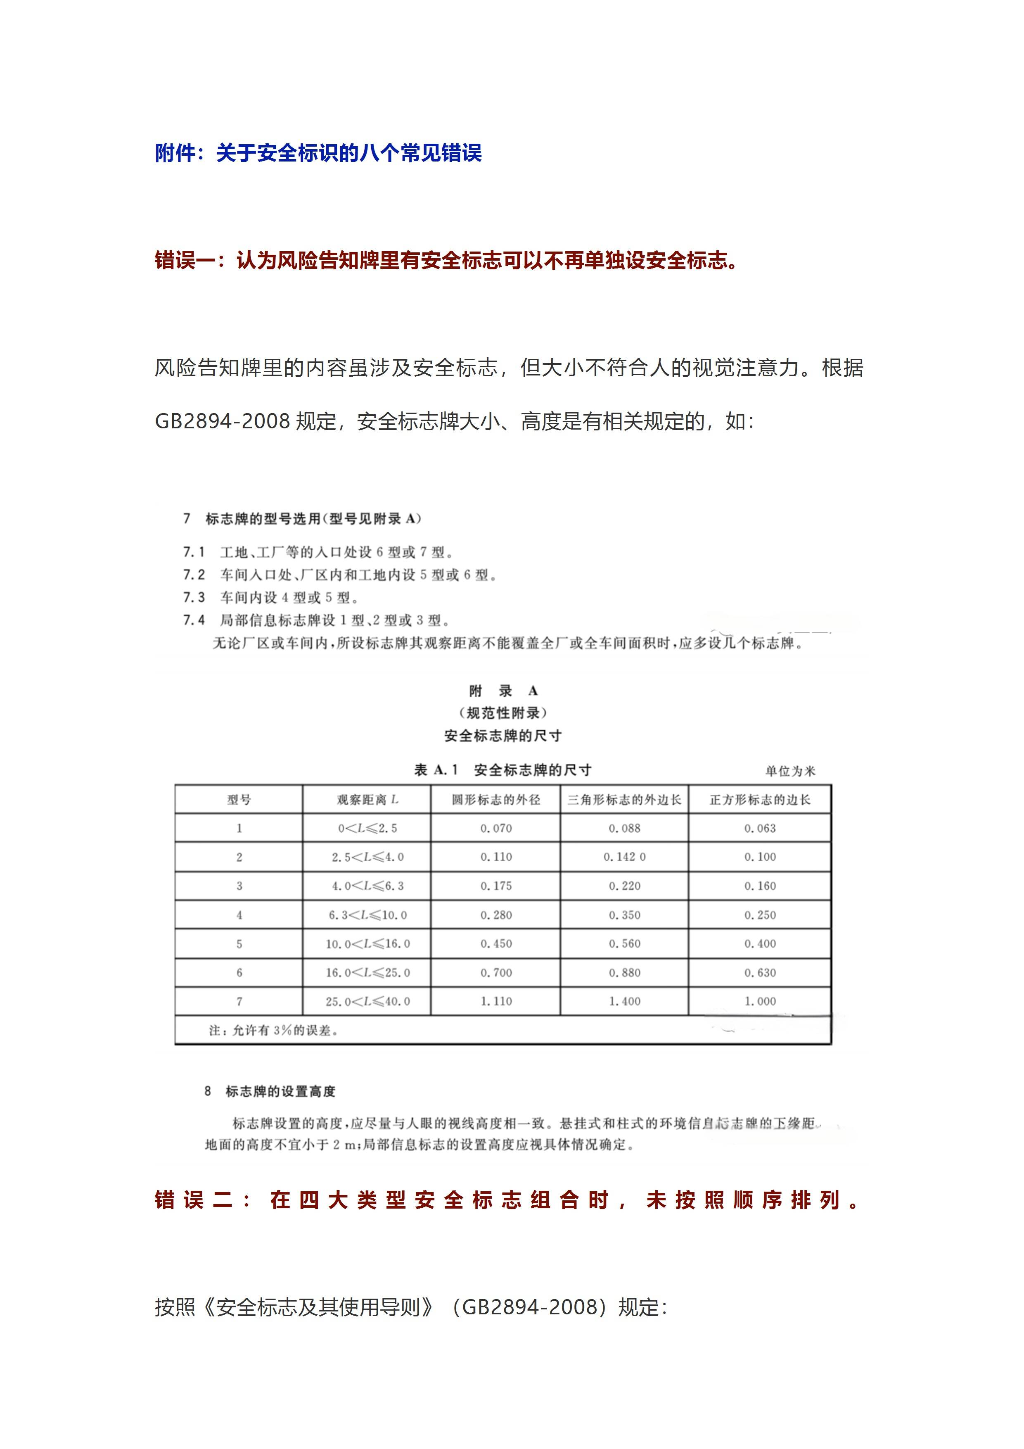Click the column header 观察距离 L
tap(367, 800)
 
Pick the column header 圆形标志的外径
tap(496, 800)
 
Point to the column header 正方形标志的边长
tap(760, 800)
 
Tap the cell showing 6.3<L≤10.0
tap(367, 915)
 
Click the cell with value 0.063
tap(760, 829)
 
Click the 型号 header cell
tap(239, 800)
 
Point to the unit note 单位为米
tap(790, 771)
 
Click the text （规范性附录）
tap(503, 713)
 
